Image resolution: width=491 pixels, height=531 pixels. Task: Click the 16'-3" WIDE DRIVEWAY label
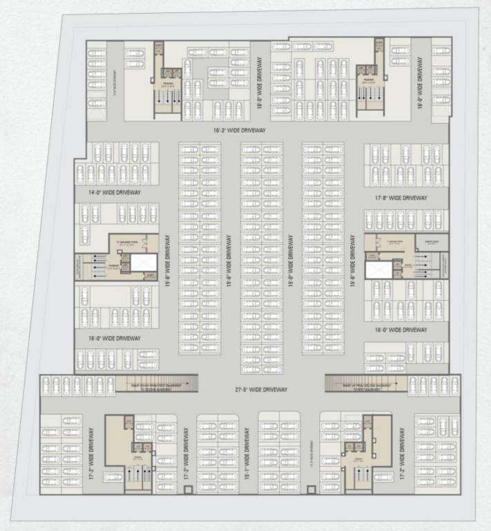(x=240, y=130)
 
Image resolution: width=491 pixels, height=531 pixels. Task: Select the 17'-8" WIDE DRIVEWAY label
(x=401, y=198)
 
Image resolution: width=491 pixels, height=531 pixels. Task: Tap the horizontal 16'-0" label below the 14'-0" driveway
(x=115, y=338)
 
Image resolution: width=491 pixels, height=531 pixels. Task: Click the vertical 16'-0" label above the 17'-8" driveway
(x=419, y=84)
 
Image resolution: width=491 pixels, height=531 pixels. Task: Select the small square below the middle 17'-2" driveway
(x=186, y=490)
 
